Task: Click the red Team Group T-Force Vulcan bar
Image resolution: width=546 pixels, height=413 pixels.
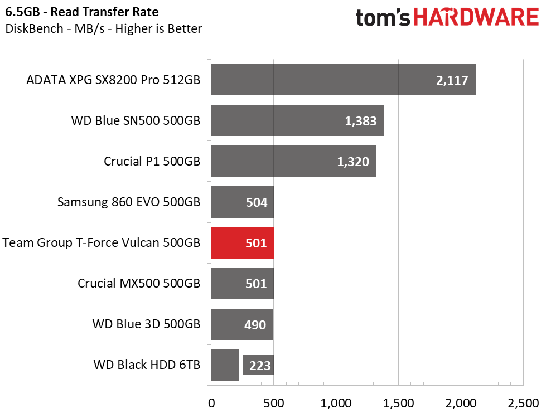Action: (243, 243)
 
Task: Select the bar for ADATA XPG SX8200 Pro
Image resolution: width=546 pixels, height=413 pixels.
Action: (343, 80)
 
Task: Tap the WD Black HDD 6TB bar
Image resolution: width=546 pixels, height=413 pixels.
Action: (225, 365)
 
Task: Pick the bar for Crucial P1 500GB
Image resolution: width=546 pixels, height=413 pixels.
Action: (293, 162)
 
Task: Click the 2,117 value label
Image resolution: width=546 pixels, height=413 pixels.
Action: (453, 80)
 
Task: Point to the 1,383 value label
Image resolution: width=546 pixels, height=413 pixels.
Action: (361, 121)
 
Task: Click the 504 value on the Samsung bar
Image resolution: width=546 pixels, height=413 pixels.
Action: (257, 202)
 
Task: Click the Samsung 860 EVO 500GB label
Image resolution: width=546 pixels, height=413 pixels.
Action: (129, 202)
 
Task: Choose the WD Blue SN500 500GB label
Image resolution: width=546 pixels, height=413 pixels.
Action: (136, 121)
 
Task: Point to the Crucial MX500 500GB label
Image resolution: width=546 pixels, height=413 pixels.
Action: (139, 284)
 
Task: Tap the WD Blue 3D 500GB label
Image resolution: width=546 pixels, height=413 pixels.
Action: (147, 324)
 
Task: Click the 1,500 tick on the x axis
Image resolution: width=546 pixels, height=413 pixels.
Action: (398, 402)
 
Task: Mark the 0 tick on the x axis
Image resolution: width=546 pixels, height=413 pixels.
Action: (211, 402)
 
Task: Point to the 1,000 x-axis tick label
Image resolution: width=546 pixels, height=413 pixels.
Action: (336, 402)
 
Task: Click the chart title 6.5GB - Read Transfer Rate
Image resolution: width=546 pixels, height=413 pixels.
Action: (81, 12)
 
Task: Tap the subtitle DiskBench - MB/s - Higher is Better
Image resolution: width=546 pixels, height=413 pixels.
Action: (103, 28)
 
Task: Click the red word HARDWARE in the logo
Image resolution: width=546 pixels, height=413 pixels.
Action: (476, 18)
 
